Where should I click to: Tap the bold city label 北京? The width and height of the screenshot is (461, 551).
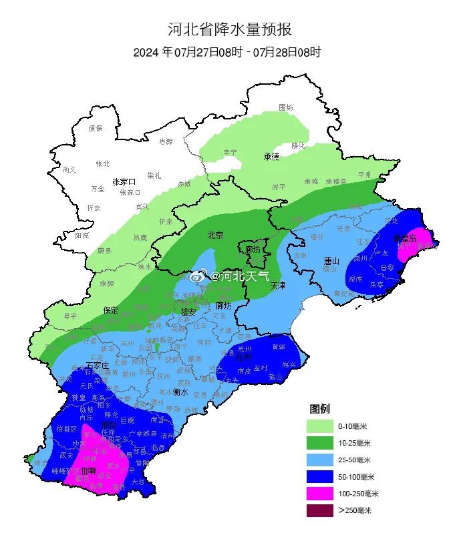215,235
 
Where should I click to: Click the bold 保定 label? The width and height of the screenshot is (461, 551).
111,310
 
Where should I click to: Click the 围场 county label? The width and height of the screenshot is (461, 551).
286,107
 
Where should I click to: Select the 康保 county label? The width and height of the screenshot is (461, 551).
96,128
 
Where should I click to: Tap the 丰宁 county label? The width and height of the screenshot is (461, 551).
230,152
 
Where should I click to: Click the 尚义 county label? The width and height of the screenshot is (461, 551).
69,169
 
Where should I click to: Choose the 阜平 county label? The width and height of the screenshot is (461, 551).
70,316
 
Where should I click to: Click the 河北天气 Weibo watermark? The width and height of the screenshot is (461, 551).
230,275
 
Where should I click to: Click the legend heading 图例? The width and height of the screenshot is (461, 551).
319,408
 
